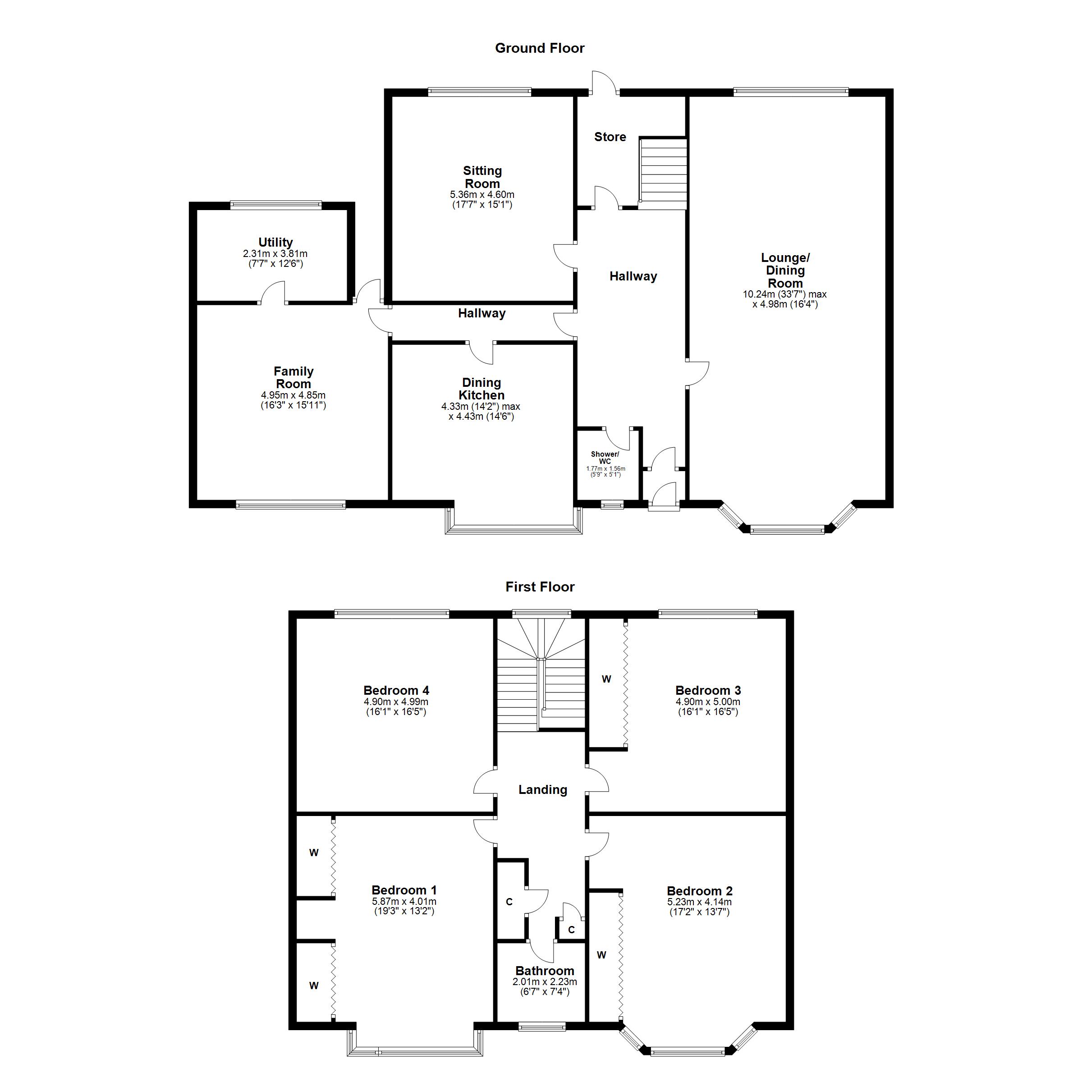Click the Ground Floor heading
(x=539, y=48)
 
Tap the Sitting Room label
(x=482, y=177)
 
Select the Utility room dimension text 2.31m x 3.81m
(x=275, y=254)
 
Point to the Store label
(x=610, y=137)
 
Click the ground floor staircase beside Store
(x=663, y=174)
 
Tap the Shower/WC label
(x=605, y=458)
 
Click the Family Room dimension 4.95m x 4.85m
(x=293, y=395)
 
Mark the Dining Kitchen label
(x=481, y=389)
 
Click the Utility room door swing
(x=273, y=292)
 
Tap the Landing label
(x=542, y=790)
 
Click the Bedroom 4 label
(x=396, y=690)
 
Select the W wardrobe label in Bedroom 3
(x=606, y=679)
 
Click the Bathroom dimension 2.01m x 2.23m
(x=544, y=982)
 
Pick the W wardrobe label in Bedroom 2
(x=601, y=955)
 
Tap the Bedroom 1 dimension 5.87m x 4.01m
(x=404, y=902)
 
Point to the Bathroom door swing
(x=541, y=950)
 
